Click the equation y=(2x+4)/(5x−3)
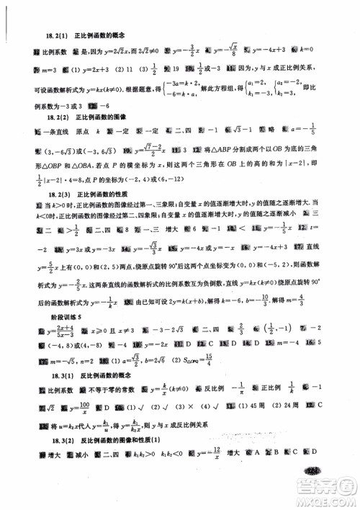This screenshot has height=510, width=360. point(59,333)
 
